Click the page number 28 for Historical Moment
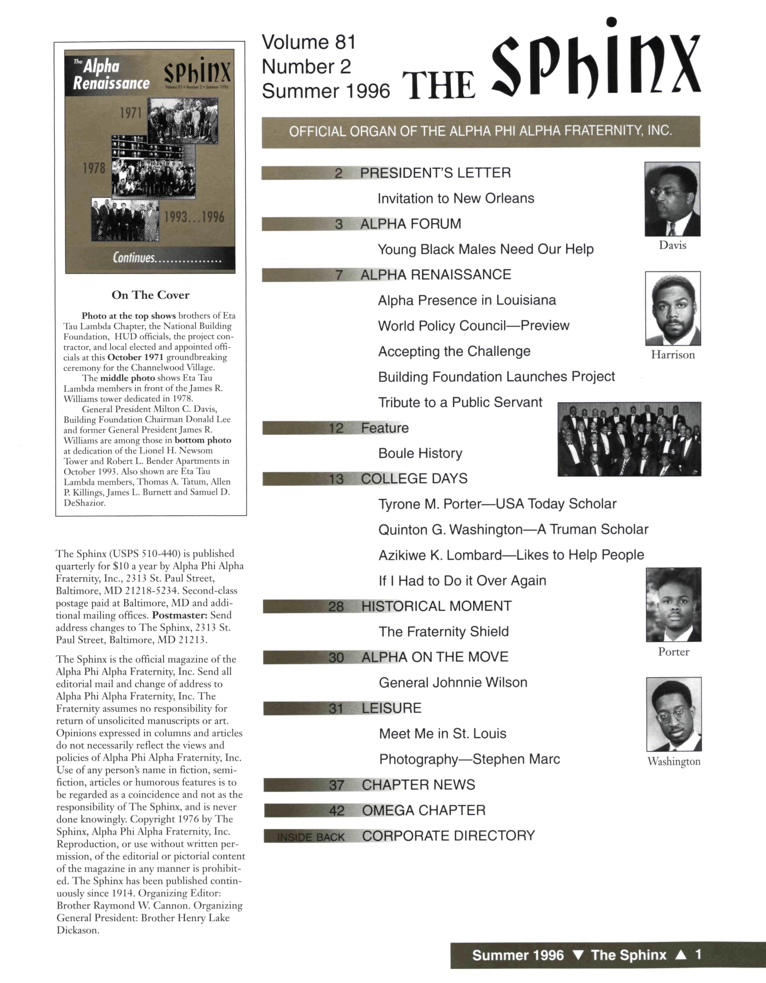(336, 607)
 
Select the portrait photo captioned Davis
(672, 199)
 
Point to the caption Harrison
(673, 355)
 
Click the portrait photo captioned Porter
(673, 605)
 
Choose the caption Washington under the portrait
(674, 761)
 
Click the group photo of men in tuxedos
(629, 439)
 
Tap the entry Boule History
(420, 453)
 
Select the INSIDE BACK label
(311, 837)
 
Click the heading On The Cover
(150, 295)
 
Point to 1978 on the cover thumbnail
(94, 168)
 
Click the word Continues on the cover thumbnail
(134, 258)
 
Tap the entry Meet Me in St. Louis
(443, 734)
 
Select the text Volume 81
(309, 42)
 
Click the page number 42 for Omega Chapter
(337, 811)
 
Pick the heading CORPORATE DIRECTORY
(448, 836)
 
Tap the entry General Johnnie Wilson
(453, 682)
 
